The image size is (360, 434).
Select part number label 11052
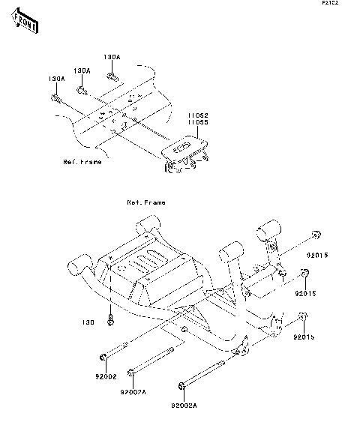[x=197, y=115]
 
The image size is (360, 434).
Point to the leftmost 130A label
[x=57, y=78]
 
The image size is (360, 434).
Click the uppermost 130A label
[x=112, y=57]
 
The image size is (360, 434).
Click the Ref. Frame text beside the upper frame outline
[x=81, y=162]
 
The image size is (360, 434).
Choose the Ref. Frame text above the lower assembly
[x=145, y=202]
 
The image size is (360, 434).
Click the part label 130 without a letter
[x=88, y=323]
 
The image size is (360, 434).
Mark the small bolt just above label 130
[x=112, y=320]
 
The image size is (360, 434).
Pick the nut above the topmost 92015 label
[x=316, y=232]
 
